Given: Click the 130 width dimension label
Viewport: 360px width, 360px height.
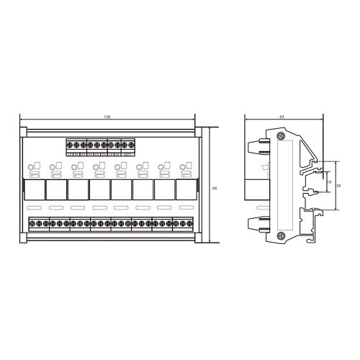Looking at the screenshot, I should click(x=107, y=117).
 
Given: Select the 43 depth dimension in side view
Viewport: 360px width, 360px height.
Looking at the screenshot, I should click(x=282, y=117).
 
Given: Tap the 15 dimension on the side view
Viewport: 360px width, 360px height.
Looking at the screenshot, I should click(x=328, y=182).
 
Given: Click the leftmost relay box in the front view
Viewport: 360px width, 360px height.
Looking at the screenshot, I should click(x=34, y=190).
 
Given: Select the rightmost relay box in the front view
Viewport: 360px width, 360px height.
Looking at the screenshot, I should click(x=186, y=190).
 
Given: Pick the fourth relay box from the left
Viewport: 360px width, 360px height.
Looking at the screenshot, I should click(x=99, y=190).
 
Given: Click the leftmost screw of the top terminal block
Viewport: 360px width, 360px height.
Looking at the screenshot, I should click(x=70, y=145).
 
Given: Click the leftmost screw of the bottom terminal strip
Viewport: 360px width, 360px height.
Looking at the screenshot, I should click(x=32, y=225).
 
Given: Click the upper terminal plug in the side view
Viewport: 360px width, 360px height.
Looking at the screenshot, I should click(x=256, y=149).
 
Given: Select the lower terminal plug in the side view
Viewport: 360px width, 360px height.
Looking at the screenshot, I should click(x=256, y=223).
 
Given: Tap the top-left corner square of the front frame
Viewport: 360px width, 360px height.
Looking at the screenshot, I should click(x=23, y=131).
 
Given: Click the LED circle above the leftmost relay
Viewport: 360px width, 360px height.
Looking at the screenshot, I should click(x=31, y=170).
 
